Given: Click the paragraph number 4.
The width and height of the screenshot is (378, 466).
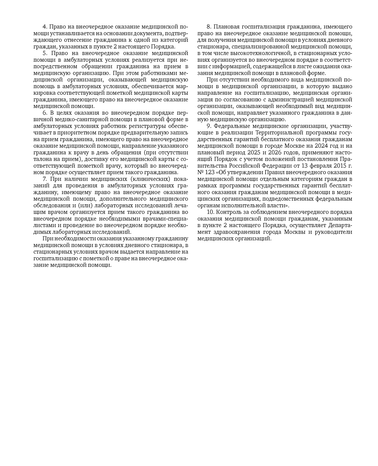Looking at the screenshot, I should (44, 27).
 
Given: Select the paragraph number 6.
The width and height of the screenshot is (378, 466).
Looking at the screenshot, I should (44, 113).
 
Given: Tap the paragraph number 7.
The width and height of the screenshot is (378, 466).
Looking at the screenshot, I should (44, 179).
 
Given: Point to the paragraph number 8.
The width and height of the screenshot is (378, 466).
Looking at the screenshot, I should (208, 27).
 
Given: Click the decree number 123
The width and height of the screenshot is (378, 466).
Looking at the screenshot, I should (210, 172).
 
